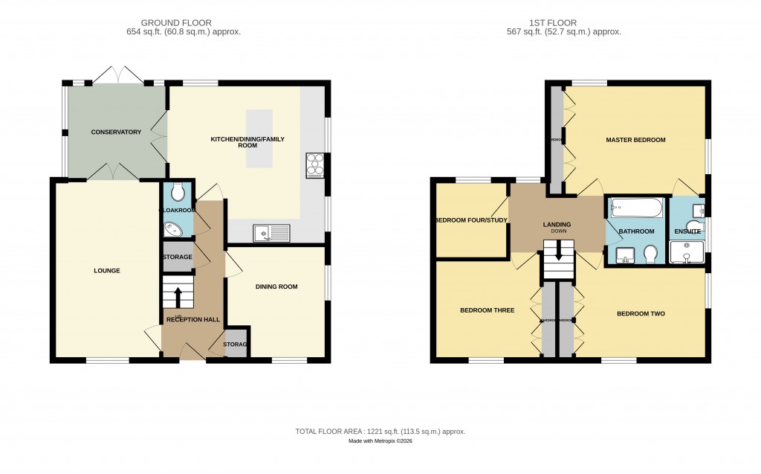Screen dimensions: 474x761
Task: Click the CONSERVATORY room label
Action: coord(116,132)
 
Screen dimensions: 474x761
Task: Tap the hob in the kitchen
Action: coord(314,166)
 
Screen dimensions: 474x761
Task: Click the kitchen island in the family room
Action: coord(259,139)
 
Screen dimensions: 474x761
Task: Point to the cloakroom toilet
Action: coord(178,193)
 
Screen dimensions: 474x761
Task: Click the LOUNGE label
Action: coord(107,271)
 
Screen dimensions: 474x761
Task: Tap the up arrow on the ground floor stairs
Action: coord(178,297)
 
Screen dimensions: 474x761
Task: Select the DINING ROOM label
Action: coord(276,286)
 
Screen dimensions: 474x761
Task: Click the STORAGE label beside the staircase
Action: coord(177,257)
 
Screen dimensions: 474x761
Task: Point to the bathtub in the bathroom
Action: coord(636,208)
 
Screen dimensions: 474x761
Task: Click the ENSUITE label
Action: coord(687,231)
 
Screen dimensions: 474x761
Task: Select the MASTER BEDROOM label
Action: coord(635,140)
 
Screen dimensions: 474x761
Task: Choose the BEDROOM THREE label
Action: coord(487,310)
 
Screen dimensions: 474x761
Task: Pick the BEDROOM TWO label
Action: coord(641,314)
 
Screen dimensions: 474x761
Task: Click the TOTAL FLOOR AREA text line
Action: coord(380,432)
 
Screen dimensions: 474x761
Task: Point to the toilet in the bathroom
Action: coord(650,254)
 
